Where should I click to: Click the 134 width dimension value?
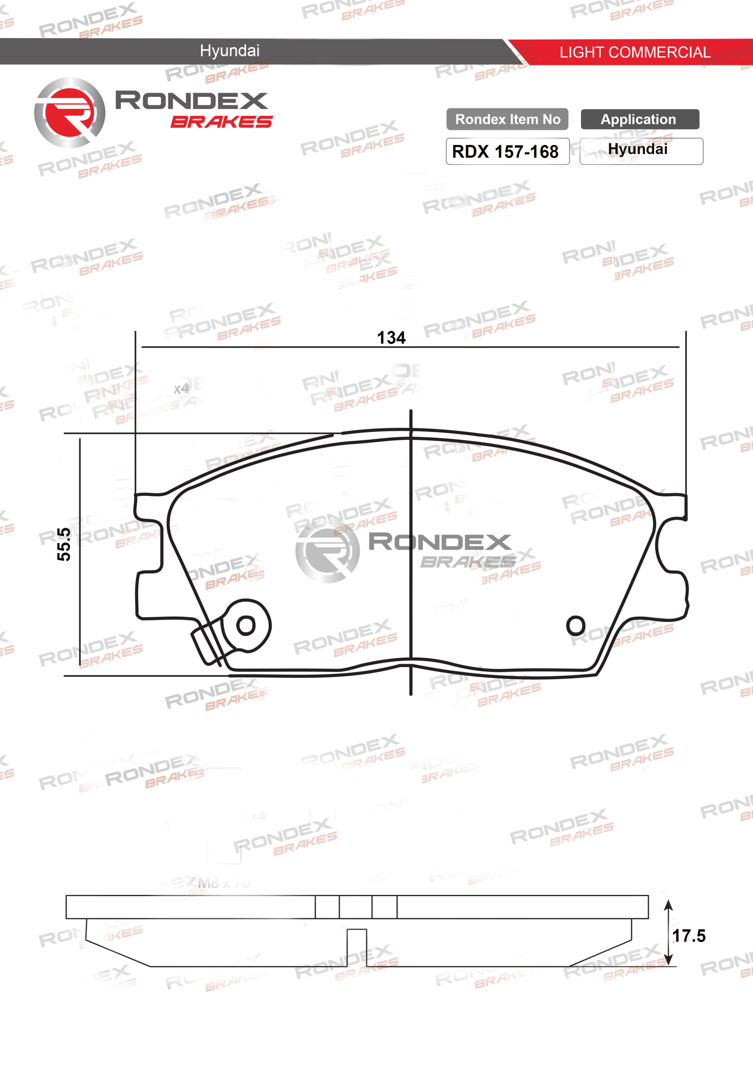pyautogui.click(x=391, y=338)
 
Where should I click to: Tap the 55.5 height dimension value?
pyautogui.click(x=64, y=544)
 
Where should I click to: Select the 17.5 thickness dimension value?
pyautogui.click(x=689, y=936)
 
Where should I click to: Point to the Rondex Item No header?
pyautogui.click(x=507, y=120)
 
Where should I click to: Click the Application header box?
pyautogui.click(x=639, y=120)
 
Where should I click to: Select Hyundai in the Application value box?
pyautogui.click(x=637, y=149)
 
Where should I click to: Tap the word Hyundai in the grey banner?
pyautogui.click(x=230, y=51)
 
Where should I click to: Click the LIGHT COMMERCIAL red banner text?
pyautogui.click(x=634, y=52)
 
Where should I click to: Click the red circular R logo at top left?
pyautogui.click(x=69, y=113)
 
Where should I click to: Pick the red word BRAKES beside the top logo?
pyautogui.click(x=221, y=122)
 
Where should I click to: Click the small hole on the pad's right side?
pyautogui.click(x=575, y=625)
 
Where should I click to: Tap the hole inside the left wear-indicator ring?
pyautogui.click(x=245, y=625)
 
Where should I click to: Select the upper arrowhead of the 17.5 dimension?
pyautogui.click(x=668, y=905)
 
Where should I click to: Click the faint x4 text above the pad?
pyautogui.click(x=181, y=389)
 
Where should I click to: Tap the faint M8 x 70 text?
pyautogui.click(x=224, y=883)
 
